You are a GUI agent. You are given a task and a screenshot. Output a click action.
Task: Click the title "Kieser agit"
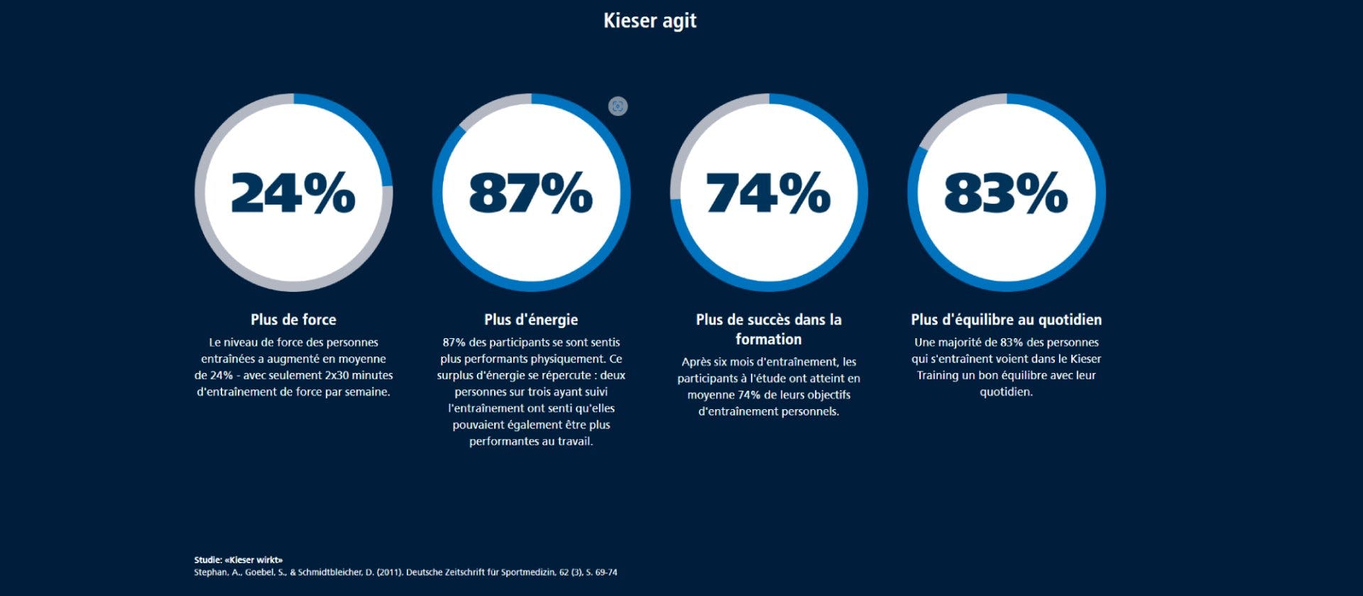[650, 21]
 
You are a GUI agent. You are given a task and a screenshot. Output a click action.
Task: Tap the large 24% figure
[293, 193]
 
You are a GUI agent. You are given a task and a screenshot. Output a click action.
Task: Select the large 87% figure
[530, 193]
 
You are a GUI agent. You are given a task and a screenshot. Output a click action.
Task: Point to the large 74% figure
[768, 193]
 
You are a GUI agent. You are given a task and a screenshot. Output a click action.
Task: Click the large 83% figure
[1006, 193]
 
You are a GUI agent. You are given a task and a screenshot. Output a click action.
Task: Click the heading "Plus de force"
[293, 320]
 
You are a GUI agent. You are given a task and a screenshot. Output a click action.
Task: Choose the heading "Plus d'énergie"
[531, 320]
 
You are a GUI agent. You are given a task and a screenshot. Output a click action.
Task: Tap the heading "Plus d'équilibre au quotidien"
[1006, 320]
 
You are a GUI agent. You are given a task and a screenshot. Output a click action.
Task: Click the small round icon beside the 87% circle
[618, 107]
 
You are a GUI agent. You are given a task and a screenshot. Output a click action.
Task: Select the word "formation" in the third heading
[768, 340]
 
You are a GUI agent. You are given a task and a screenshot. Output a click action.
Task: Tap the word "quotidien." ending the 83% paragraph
[1006, 391]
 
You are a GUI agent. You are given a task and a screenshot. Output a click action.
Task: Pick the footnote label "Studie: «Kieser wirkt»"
[239, 560]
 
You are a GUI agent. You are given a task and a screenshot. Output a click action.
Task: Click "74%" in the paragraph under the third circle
[749, 395]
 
